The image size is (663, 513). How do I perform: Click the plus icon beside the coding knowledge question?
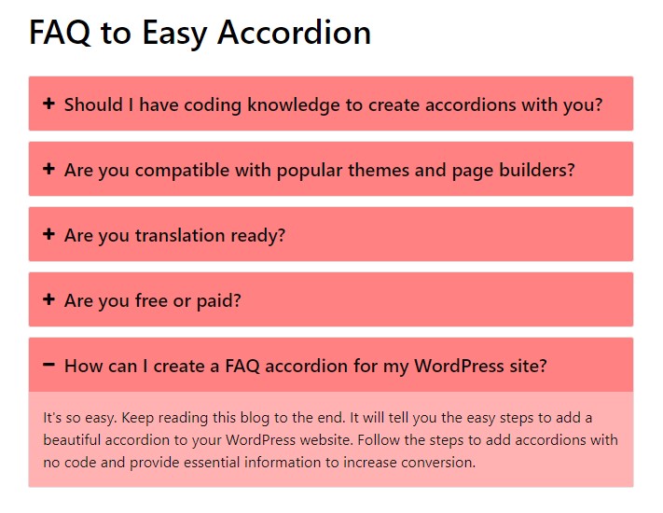tap(48, 104)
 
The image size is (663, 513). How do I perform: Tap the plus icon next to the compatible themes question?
tap(48, 169)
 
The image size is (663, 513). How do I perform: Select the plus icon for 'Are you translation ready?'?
tap(48, 234)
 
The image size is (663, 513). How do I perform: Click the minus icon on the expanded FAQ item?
tap(48, 364)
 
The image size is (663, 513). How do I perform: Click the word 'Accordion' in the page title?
tap(295, 33)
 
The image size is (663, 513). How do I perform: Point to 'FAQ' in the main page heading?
tap(60, 33)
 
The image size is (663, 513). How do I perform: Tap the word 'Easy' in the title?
tap(174, 34)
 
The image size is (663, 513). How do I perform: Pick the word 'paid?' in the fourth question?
tap(218, 300)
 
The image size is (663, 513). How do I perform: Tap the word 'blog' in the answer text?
tap(255, 418)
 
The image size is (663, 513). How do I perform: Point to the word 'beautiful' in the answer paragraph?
tap(72, 440)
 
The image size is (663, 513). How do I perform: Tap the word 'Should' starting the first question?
tap(93, 104)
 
